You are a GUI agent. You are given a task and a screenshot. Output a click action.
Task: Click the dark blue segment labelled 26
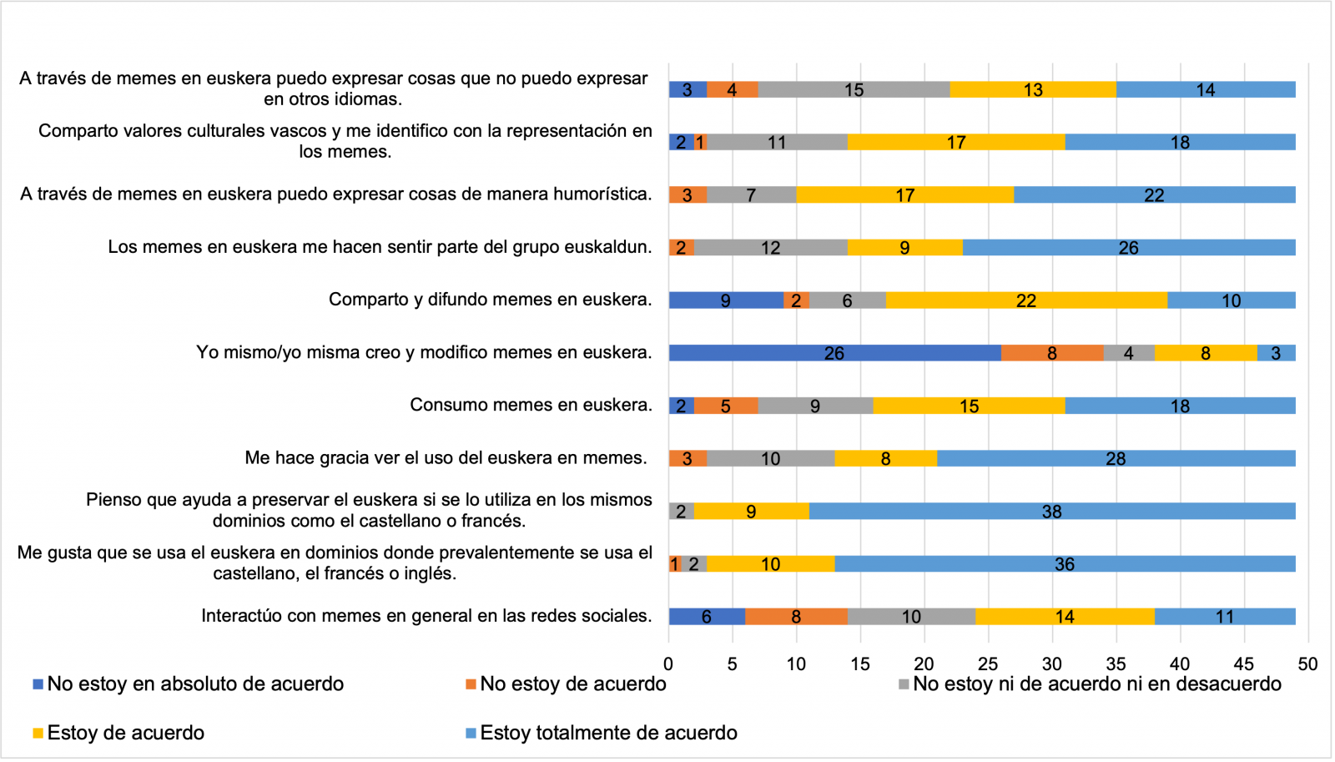(x=834, y=353)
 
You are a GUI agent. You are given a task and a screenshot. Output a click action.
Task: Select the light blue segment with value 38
(x=1051, y=511)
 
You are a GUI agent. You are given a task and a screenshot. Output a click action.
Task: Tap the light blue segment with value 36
(x=1065, y=563)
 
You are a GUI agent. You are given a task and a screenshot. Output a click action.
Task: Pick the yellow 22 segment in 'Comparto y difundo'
(x=1026, y=300)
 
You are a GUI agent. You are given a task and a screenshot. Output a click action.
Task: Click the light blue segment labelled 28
(x=1116, y=458)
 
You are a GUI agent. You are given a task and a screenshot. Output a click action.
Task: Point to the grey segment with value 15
(x=854, y=89)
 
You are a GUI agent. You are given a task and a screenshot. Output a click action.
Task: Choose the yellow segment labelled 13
(x=1033, y=89)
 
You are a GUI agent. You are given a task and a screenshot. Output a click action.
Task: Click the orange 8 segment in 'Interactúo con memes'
(x=796, y=616)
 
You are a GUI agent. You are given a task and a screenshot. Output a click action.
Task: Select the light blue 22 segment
(x=1154, y=194)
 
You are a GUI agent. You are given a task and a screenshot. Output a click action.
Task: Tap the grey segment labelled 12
(x=770, y=247)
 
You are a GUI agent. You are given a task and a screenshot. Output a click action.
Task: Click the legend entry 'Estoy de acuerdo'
(x=125, y=733)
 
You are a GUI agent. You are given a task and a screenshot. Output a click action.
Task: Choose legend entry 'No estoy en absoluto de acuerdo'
(x=194, y=684)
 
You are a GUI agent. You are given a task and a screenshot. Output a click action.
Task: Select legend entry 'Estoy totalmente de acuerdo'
(x=608, y=733)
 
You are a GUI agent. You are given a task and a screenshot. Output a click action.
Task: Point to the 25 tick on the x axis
(x=988, y=664)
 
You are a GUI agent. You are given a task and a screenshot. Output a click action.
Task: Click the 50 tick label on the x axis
(x=1307, y=664)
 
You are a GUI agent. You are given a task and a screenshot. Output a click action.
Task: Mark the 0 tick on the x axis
(x=668, y=664)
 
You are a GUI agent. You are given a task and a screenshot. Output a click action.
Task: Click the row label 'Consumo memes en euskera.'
(x=531, y=405)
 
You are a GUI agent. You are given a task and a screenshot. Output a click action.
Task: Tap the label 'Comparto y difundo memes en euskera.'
(x=490, y=300)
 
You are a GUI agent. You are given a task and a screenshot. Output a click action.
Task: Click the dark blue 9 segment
(x=726, y=300)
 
